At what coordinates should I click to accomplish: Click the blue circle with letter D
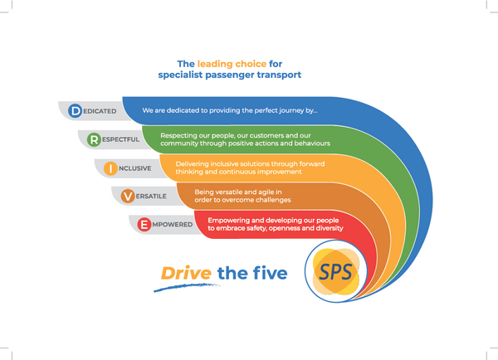click(76, 111)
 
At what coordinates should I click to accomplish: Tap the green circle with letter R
click(94, 139)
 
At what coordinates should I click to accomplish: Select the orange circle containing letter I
click(110, 168)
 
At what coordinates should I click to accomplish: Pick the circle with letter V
click(128, 197)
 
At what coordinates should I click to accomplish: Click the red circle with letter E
click(144, 225)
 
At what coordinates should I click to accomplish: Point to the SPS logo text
click(335, 272)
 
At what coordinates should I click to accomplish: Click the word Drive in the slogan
click(186, 273)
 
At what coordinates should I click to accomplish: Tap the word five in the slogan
click(270, 273)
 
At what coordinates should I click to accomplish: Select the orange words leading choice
click(232, 64)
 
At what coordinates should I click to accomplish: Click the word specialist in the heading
click(180, 75)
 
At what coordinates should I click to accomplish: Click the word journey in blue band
click(293, 110)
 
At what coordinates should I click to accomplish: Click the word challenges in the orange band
click(273, 200)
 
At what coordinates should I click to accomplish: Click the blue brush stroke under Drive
click(187, 287)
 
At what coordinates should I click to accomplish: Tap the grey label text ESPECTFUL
click(120, 139)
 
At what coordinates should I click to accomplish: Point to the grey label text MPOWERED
click(173, 225)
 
